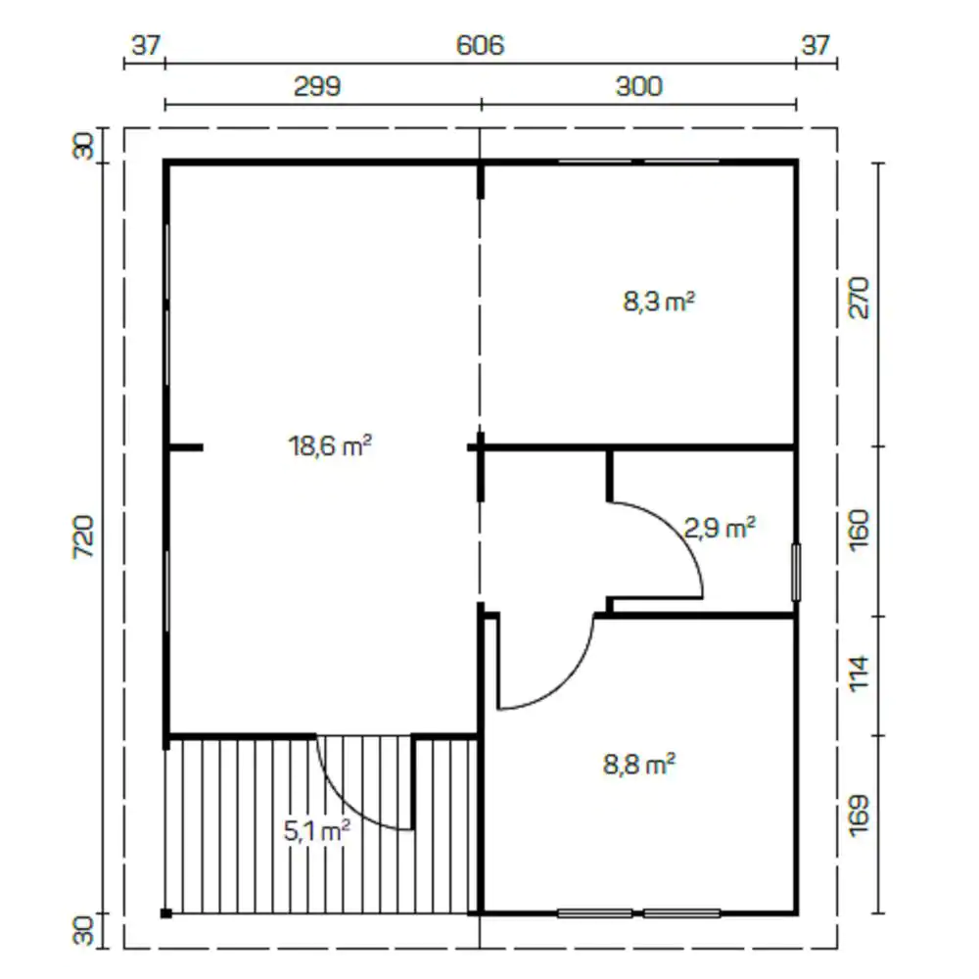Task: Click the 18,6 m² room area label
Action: (330, 445)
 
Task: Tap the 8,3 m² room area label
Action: (659, 301)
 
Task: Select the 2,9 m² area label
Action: (720, 528)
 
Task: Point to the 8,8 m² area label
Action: (638, 764)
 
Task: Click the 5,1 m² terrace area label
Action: (316, 830)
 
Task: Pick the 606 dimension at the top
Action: (480, 46)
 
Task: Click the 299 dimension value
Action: (317, 86)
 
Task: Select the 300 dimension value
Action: (638, 86)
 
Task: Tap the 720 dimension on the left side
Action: (83, 536)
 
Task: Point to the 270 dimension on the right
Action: (860, 298)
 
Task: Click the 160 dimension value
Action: (860, 530)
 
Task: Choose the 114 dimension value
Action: (860, 674)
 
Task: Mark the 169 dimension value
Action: (860, 815)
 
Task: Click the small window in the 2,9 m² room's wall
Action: (796, 573)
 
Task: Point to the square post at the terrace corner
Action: (166, 913)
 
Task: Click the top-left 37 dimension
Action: (146, 46)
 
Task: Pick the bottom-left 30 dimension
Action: (83, 931)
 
